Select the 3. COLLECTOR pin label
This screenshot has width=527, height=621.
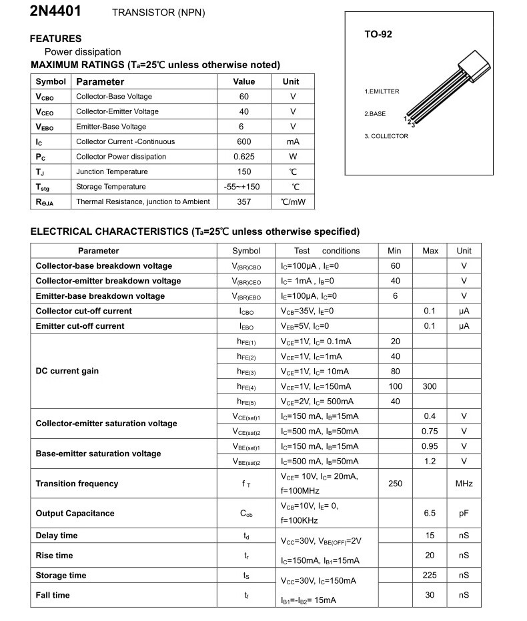386,136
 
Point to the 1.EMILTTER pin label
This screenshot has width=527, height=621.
382,91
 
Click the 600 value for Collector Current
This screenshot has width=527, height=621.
244,141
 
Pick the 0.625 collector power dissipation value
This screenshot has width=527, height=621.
244,157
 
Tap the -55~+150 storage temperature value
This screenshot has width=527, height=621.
244,187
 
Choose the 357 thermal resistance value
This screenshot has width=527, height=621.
244,201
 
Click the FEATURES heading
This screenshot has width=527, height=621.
55,39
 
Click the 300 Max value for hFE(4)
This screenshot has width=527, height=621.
430,386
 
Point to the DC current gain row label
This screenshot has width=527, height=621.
67,371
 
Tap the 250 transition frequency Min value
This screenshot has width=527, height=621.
395,484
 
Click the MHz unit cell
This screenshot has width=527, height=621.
464,484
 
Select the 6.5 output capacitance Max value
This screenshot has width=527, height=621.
430,513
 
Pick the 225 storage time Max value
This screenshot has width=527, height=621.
430,575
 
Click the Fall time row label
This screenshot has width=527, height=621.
53,595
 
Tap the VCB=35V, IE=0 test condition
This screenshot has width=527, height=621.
307,311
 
